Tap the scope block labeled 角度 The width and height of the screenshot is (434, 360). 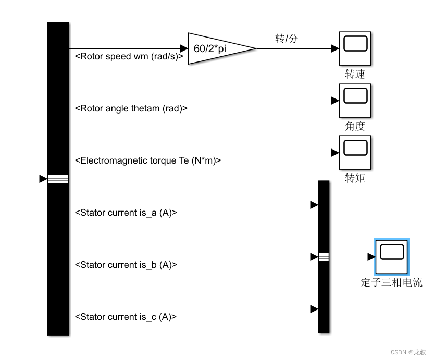(x=355, y=101)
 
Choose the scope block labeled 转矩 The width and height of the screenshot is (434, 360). (x=355, y=153)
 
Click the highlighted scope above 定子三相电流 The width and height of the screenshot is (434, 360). (x=392, y=256)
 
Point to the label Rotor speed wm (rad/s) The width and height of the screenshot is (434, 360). (x=129, y=56)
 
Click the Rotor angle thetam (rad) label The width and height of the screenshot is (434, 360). (x=131, y=108)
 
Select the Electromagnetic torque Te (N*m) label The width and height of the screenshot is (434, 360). (x=148, y=160)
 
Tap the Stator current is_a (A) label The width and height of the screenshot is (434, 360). (x=126, y=213)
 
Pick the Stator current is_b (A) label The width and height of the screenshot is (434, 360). (x=126, y=265)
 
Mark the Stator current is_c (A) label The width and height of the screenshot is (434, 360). (x=126, y=317)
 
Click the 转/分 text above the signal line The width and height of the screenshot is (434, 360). (x=287, y=38)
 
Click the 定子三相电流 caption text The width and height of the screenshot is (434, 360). (x=392, y=283)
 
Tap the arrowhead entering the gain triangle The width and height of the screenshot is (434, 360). (x=184, y=49)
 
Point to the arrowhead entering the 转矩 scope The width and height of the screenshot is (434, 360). (x=335, y=153)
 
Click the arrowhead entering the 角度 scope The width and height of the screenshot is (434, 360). (x=335, y=101)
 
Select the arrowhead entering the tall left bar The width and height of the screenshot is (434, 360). (x=43, y=179)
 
